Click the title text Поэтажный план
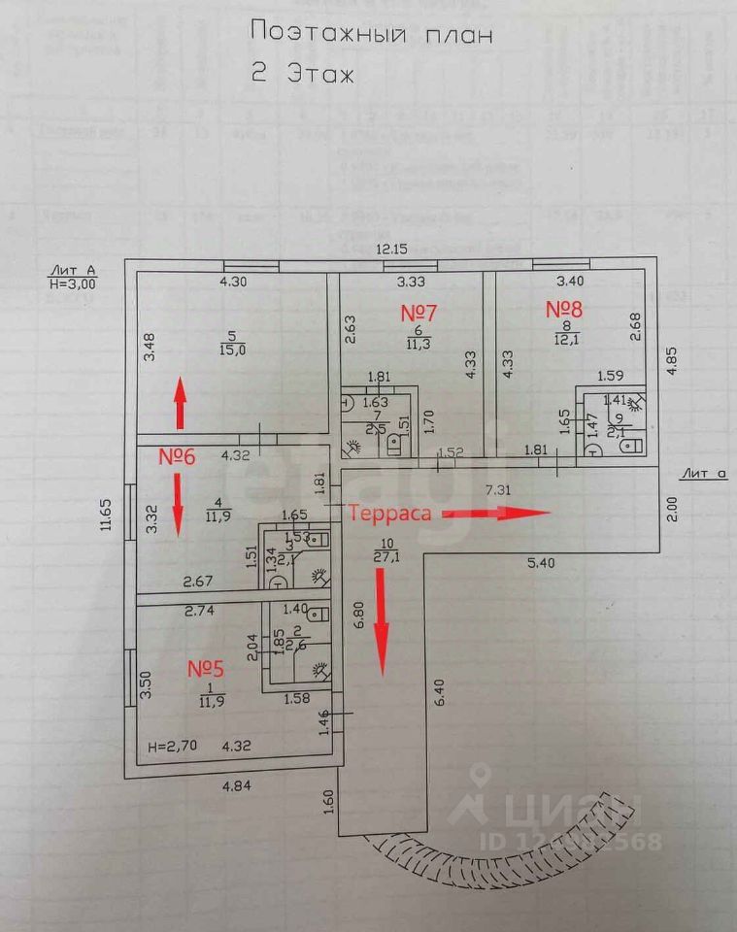click(372, 34)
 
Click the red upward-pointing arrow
click(181, 404)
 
